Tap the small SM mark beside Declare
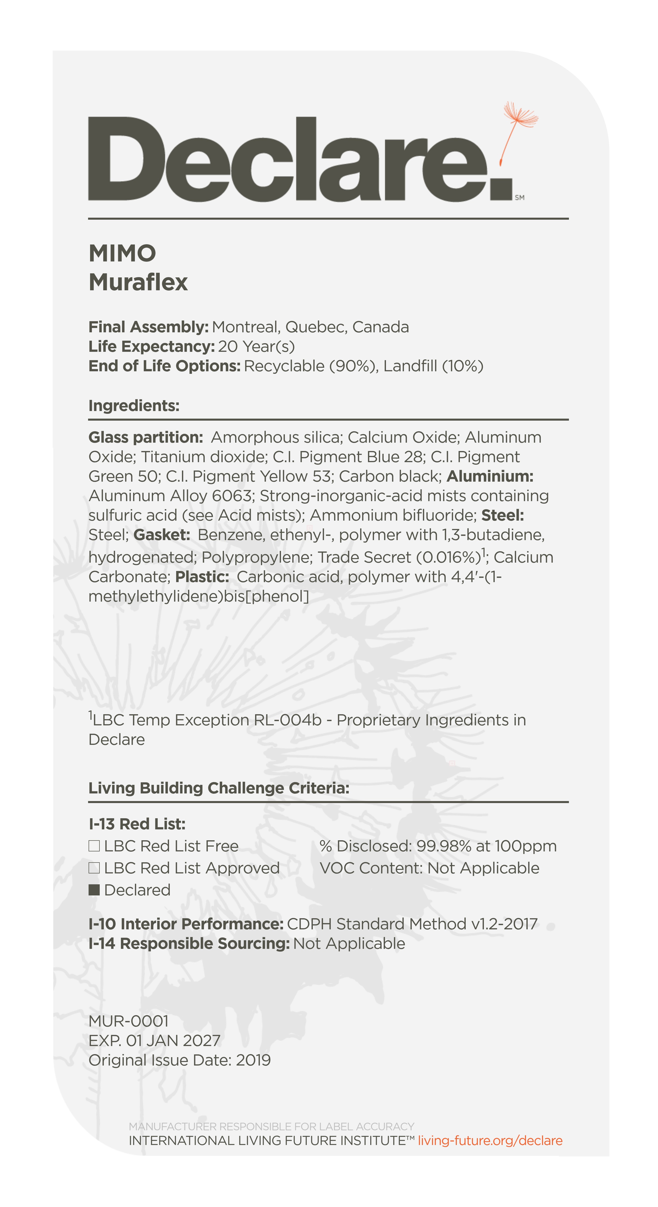519,198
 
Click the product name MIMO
122,254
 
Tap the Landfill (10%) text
433,366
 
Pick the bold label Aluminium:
490,477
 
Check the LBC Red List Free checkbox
94,846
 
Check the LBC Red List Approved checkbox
94,868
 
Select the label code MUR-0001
128,1021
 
